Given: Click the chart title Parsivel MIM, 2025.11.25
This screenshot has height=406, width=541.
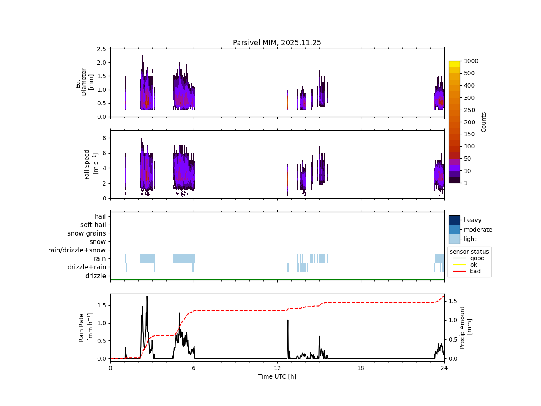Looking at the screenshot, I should (277, 43).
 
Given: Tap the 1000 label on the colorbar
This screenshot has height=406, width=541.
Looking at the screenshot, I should (471, 61).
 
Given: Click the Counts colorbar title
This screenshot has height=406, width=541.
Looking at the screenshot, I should (484, 122).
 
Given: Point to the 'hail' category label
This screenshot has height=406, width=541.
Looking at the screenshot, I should (100, 217).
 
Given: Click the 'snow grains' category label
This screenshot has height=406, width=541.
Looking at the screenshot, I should (87, 233).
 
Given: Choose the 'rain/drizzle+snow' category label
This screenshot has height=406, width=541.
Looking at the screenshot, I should (77, 250).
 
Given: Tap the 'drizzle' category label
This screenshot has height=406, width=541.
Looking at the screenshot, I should (96, 276).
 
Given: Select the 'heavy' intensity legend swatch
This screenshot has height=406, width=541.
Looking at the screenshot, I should (454, 220).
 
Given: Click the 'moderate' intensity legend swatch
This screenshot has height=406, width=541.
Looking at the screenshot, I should (454, 230).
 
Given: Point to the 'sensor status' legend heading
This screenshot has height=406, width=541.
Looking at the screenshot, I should (469, 252).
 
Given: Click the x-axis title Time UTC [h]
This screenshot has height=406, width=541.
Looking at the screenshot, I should (277, 376).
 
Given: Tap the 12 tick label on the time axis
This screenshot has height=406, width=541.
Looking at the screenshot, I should (277, 368).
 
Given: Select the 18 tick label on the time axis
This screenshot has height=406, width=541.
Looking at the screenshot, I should (361, 368).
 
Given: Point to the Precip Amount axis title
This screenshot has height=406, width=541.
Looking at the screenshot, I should (465, 327).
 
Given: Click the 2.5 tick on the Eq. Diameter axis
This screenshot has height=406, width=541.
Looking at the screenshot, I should (101, 49).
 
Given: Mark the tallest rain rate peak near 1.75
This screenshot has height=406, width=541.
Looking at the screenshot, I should (147, 297).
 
